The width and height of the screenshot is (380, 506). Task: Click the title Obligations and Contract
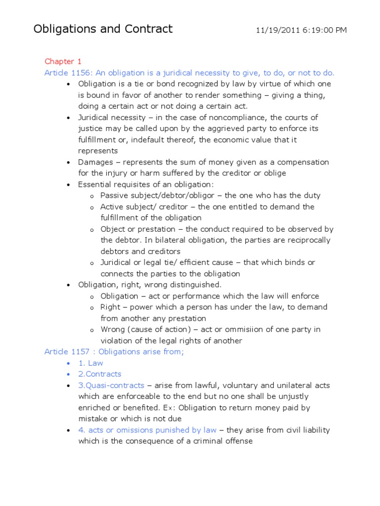(x=103, y=29)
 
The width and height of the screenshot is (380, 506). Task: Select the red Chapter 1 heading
(x=63, y=61)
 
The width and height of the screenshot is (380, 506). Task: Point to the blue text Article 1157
(x=66, y=352)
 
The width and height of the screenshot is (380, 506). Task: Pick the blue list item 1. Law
(x=91, y=363)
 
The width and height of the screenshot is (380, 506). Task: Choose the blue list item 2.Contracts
(x=99, y=374)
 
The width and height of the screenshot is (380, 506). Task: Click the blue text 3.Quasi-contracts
(x=111, y=385)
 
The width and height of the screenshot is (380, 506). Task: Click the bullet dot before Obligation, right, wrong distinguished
(x=68, y=285)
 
